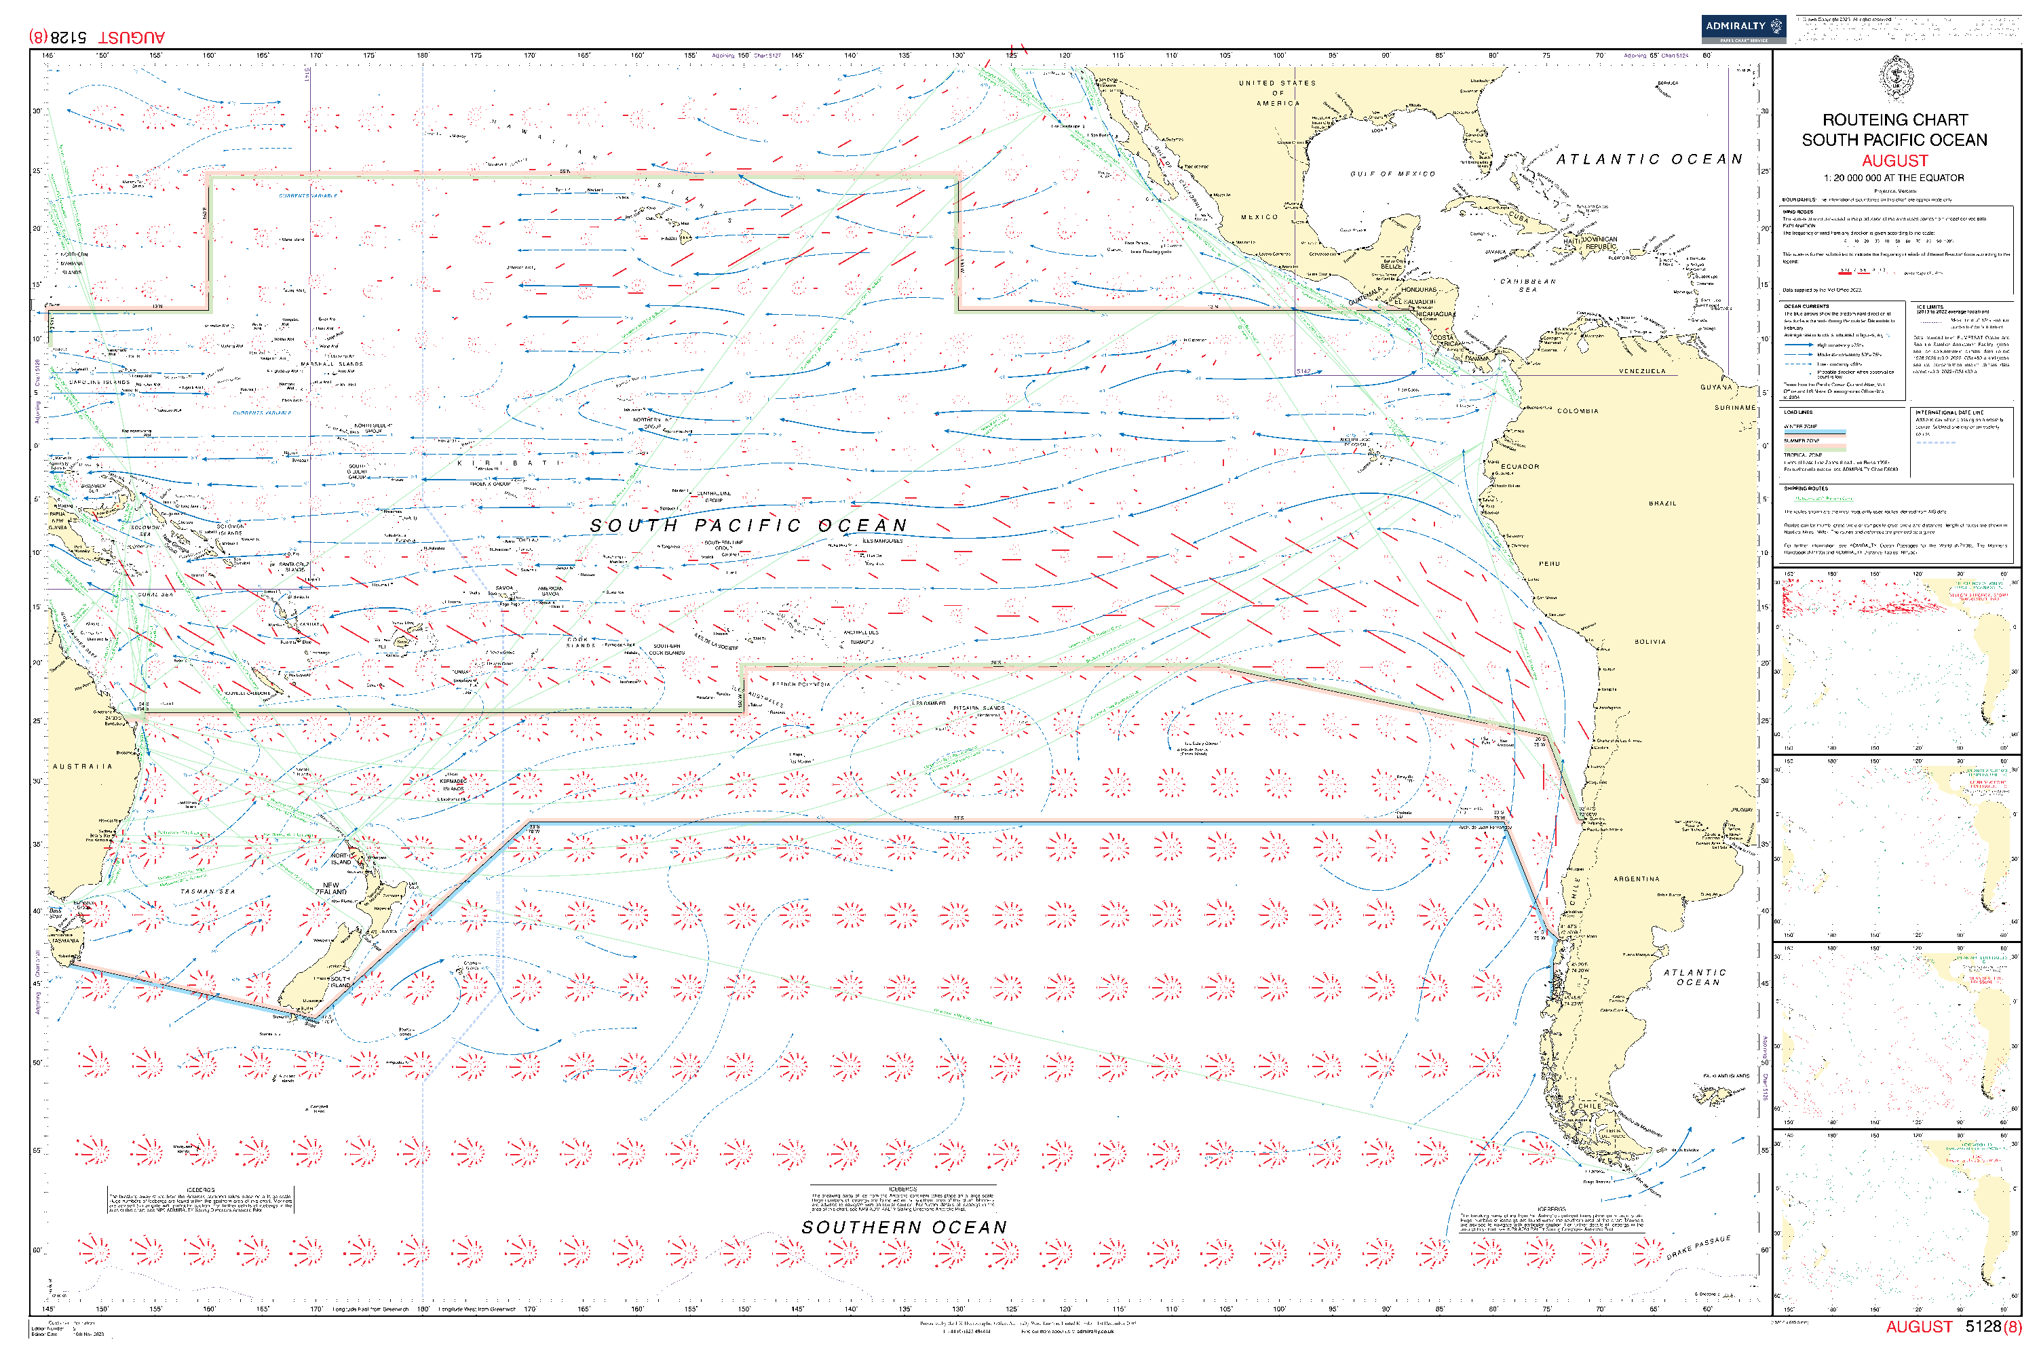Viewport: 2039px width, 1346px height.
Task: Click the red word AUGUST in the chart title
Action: (1894, 161)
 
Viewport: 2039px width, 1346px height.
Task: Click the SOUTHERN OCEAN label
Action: (903, 1227)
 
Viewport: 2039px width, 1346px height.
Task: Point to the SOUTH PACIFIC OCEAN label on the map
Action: (748, 525)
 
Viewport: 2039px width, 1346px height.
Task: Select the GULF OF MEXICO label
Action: (1392, 174)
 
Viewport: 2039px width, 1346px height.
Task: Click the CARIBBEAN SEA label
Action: (1527, 285)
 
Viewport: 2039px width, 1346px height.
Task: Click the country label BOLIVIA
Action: (1650, 641)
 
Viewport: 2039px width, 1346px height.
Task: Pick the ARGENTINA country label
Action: (1637, 879)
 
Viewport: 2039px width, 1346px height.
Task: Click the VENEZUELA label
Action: (1641, 371)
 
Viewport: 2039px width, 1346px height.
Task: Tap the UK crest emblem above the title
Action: (1894, 79)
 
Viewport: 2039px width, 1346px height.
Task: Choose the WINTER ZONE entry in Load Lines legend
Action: (1800, 426)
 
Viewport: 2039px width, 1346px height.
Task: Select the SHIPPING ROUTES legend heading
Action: (1806, 488)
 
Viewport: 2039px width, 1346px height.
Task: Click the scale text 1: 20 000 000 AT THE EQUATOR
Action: (1893, 178)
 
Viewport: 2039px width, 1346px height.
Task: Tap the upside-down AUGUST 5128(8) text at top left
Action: (96, 37)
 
